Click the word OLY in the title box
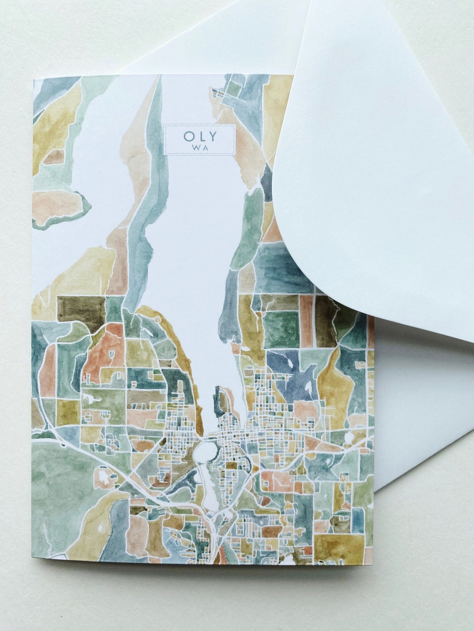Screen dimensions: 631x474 point(200,136)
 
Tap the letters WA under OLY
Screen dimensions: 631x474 point(200,148)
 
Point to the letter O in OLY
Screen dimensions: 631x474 point(188,136)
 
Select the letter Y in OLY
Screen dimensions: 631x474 point(212,136)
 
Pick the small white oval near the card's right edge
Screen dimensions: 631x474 point(349,437)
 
